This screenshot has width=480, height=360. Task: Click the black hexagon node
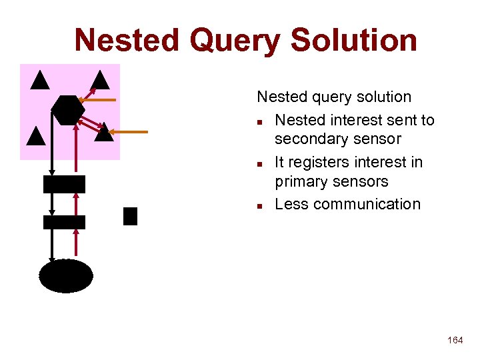pos(68,109)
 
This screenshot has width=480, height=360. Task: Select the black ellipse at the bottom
pos(65,276)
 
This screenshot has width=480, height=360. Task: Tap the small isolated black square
pos(130,216)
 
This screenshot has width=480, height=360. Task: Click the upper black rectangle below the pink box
pos(64,184)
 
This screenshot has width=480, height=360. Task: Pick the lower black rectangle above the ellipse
pos(64,222)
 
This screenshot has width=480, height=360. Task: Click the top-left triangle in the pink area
pos(40,80)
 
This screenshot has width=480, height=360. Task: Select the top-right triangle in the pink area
pos(100,81)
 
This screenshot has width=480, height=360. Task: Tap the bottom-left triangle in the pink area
pos(36,137)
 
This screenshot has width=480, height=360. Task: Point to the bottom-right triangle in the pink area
pos(104,133)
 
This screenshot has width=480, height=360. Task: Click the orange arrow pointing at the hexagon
pos(101,100)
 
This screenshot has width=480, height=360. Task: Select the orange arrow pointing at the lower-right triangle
pos(131,132)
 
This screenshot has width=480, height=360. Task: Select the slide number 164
pos(455,340)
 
